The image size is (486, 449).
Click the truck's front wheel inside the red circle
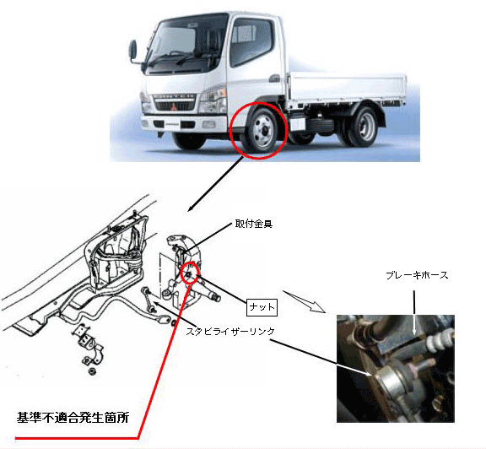pos(260,132)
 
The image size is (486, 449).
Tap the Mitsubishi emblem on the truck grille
pos(174,107)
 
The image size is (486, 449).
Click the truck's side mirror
pos(133,51)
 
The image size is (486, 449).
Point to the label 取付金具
pos(253,224)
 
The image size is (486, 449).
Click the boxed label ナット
pos(262,307)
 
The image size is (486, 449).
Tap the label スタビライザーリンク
pos(230,332)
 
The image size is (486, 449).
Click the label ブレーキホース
pos(417,275)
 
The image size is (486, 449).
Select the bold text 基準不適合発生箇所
pos(73,418)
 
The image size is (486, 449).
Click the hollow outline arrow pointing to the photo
pos(304,301)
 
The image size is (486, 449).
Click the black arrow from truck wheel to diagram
pos(216,184)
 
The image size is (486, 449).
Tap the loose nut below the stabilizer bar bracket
pos(92,371)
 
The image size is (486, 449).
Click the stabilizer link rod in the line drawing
pos(148,300)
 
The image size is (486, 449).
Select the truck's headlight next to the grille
pos(212,100)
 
